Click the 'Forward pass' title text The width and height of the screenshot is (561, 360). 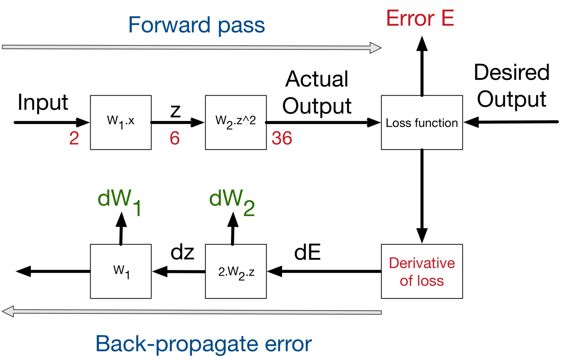click(x=196, y=25)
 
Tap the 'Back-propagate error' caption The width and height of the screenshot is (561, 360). click(x=203, y=344)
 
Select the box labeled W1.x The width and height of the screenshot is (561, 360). click(x=121, y=122)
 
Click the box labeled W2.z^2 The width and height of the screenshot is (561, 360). click(x=236, y=122)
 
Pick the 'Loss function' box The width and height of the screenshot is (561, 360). click(x=422, y=123)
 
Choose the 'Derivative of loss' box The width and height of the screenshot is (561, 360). click(x=422, y=271)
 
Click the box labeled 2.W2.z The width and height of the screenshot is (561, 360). click(x=236, y=271)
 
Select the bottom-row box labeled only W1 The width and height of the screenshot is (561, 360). click(x=121, y=271)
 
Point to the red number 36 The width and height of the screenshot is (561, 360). click(x=282, y=138)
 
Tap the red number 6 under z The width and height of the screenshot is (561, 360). click(x=175, y=138)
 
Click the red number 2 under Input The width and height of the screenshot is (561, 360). click(x=74, y=138)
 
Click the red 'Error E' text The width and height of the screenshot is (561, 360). click(x=420, y=18)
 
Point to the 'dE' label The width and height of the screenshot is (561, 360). click(x=307, y=252)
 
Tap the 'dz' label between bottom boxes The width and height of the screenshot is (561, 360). click(x=182, y=252)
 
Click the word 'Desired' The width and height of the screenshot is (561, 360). click(x=512, y=72)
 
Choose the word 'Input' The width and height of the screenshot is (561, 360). click(x=43, y=102)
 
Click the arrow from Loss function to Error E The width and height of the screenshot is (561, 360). click(x=422, y=67)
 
